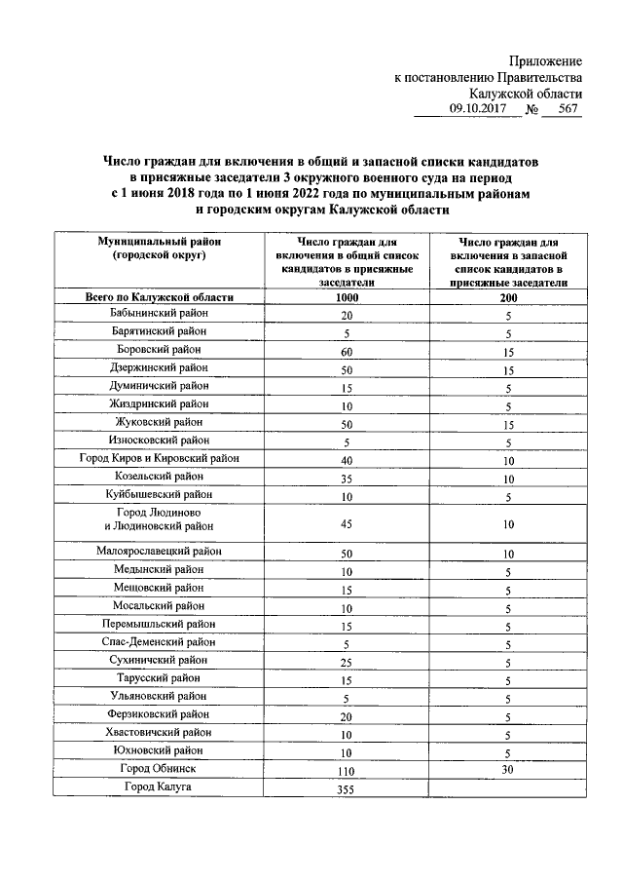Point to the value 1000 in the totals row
pyautogui.click(x=347, y=298)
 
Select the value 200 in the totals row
pyautogui.click(x=508, y=298)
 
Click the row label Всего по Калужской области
pyautogui.click(x=158, y=297)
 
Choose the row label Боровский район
pyautogui.click(x=158, y=350)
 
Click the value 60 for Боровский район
pyautogui.click(x=347, y=351)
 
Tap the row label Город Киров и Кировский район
pyautogui.click(x=158, y=458)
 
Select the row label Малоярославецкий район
pyautogui.click(x=158, y=551)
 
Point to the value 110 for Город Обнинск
pyautogui.click(x=347, y=771)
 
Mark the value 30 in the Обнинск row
pyautogui.click(x=508, y=769)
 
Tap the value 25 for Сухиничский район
pyautogui.click(x=347, y=662)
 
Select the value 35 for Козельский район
pyautogui.click(x=347, y=478)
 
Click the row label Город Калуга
pyautogui.click(x=158, y=786)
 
